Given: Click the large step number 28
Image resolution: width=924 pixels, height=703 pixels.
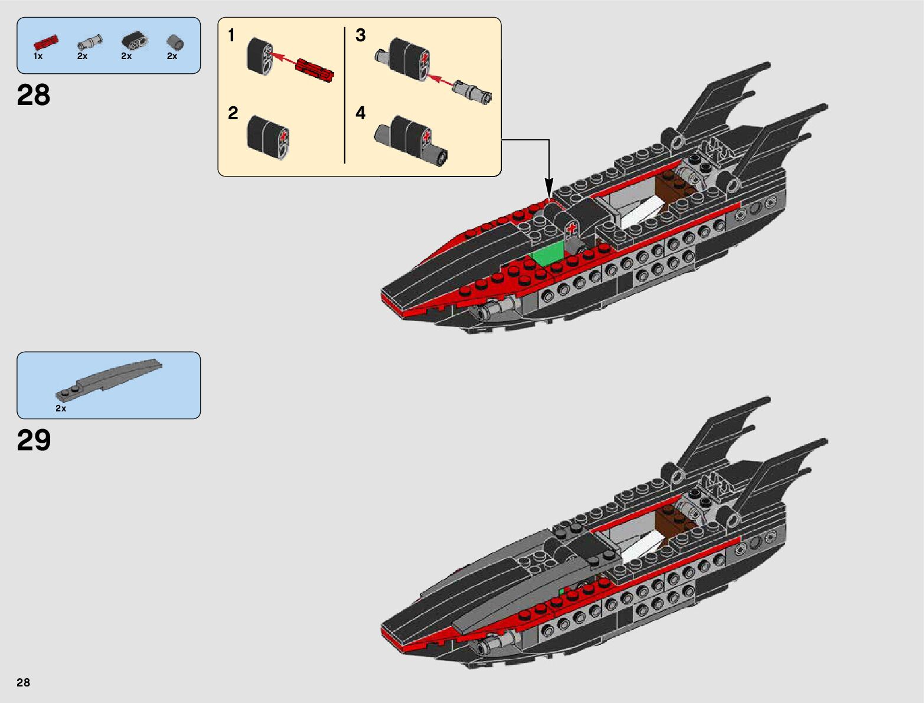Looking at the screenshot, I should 34,95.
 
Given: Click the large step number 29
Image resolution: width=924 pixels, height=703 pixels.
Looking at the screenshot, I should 34,440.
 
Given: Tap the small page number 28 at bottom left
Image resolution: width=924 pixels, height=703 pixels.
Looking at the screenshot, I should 23,682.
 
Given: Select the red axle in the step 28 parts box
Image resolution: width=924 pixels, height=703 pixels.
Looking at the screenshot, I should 45,41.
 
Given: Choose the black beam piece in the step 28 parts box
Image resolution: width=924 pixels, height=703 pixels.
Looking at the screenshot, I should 135,41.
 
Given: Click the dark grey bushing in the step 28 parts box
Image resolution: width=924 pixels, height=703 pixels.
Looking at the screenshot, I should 175,41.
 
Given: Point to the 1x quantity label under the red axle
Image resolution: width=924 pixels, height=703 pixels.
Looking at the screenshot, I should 38,56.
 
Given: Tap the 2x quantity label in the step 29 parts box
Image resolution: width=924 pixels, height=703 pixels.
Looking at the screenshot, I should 61,408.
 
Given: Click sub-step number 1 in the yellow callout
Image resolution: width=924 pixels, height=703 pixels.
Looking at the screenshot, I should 231,36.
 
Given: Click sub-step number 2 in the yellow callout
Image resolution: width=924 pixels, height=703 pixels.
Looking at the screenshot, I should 233,113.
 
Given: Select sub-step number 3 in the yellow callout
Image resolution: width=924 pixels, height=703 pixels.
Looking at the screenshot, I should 360,35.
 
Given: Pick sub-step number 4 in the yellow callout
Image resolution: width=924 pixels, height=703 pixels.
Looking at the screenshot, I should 360,113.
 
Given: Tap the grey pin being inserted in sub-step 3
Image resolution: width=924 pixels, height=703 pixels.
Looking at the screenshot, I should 472,91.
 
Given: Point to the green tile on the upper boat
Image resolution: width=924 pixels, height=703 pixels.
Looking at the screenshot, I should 548,254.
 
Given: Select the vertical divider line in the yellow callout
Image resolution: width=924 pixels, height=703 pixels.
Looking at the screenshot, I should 344,94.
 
